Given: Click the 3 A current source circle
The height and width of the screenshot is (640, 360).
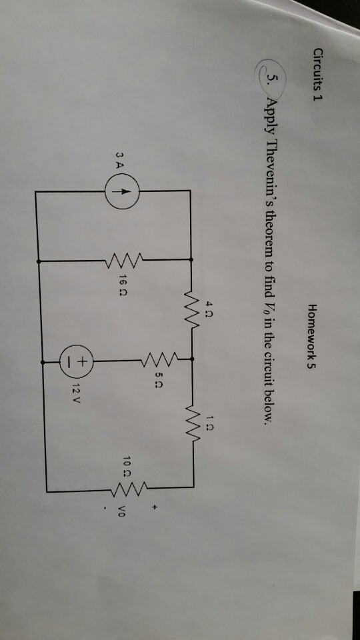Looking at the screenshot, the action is point(122,191).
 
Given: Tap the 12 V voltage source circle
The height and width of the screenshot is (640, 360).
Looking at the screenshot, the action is point(77,361).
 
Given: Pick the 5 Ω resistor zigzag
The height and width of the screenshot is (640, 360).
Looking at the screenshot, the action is point(159,359).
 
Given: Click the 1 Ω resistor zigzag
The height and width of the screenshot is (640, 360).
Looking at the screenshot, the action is point(192,425).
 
